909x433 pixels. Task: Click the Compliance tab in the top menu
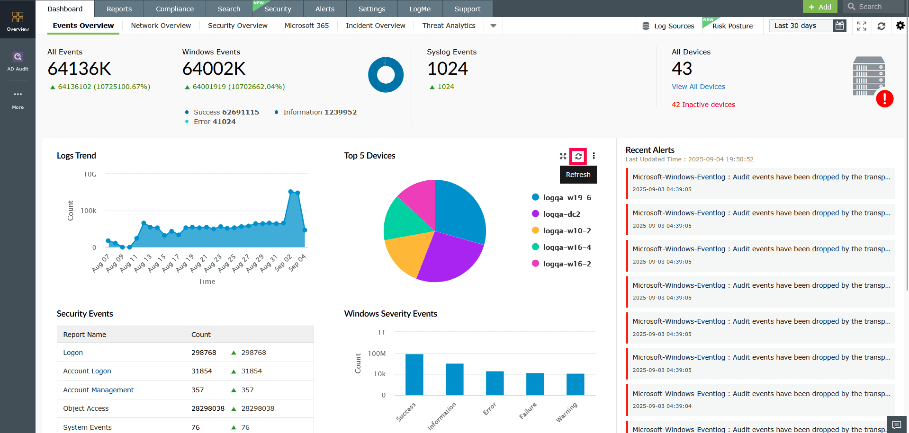click(174, 9)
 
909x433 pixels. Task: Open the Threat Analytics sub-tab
click(449, 26)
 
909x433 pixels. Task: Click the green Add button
click(820, 7)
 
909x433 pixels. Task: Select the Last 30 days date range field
click(801, 26)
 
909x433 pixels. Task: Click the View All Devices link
click(698, 87)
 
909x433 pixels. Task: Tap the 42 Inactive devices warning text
click(703, 105)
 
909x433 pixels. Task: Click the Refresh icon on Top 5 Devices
click(578, 156)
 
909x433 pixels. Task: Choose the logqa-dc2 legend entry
click(561, 214)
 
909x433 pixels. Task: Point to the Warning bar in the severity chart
click(575, 384)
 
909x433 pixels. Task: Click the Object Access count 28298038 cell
click(207, 408)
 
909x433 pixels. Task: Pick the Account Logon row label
click(87, 371)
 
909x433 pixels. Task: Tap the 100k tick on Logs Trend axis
click(88, 211)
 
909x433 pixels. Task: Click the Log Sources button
click(668, 26)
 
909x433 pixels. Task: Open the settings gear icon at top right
click(900, 26)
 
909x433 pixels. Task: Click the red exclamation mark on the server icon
click(884, 99)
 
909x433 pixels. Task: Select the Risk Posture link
click(732, 26)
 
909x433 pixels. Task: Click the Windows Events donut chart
click(386, 75)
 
